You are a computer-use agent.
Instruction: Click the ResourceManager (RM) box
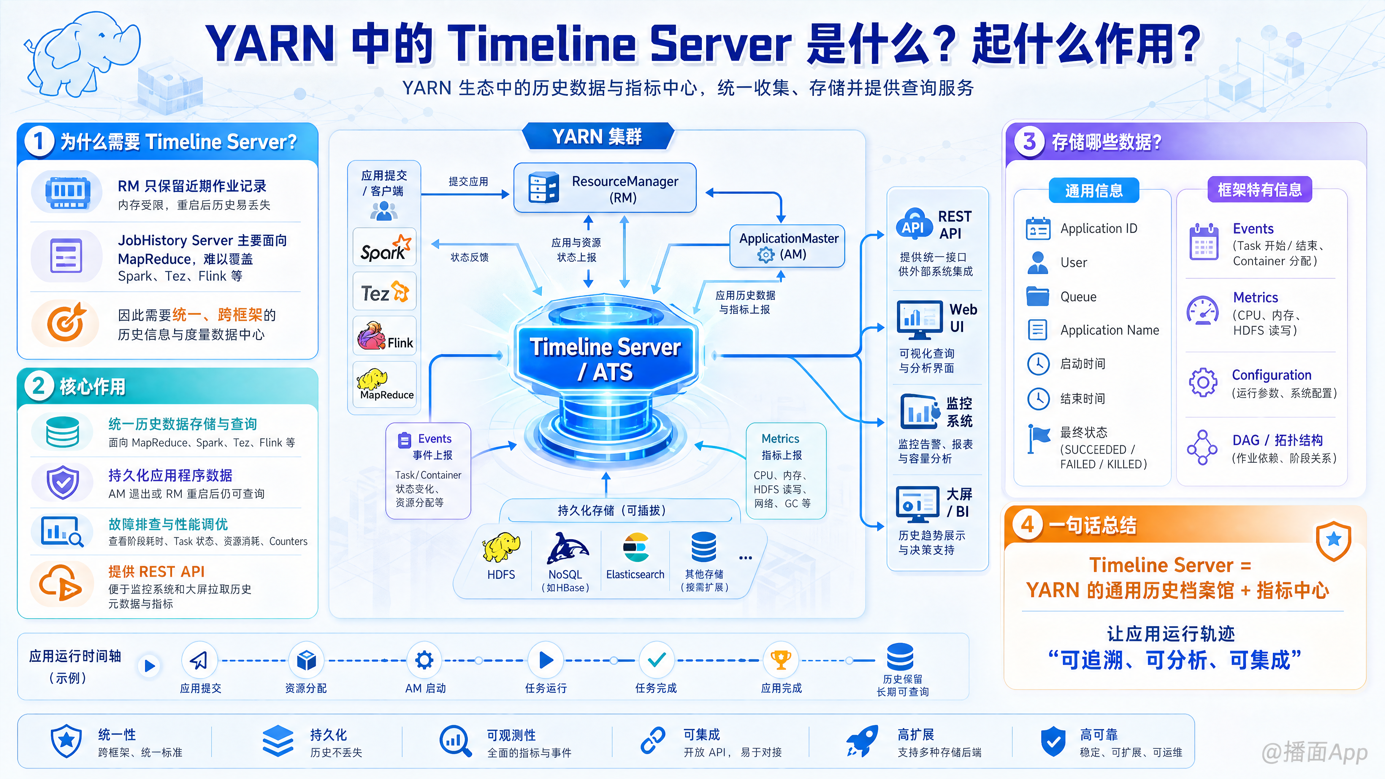coord(605,188)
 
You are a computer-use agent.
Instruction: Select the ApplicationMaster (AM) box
coord(787,246)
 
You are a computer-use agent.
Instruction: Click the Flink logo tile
coord(385,335)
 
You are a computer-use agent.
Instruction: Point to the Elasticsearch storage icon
coord(636,548)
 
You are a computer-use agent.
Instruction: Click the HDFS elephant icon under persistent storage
coord(501,548)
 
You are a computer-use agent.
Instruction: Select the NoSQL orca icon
coord(568,548)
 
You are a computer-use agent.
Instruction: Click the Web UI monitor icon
coord(919,319)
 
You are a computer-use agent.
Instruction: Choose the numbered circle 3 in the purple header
coord(1029,142)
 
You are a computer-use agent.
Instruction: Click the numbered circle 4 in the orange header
coord(1028,524)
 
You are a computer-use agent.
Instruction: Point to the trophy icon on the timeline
coord(780,660)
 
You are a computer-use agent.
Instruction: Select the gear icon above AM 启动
coord(424,660)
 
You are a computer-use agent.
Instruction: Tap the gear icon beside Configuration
coord(1203,382)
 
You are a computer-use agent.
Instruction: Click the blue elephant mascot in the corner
coord(83,54)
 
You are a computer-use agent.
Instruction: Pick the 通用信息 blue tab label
coord(1094,190)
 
